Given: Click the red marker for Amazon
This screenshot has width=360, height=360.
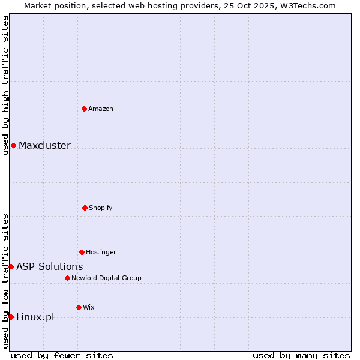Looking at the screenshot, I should pos(85,109).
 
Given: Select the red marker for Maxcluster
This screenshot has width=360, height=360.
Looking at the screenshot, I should pos(13,146).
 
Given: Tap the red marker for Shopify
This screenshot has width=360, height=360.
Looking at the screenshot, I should pos(85,208).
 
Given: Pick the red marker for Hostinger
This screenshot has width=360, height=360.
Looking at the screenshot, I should pos(82,252).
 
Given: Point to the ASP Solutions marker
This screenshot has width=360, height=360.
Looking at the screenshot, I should pos(11,266).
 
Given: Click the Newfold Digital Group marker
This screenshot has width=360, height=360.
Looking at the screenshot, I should pos(67,278).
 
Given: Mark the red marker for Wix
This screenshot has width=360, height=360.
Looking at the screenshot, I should pos(79,307).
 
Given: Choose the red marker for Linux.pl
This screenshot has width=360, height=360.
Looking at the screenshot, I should pos(11,317).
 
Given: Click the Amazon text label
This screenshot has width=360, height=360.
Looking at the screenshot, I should pos(101,109).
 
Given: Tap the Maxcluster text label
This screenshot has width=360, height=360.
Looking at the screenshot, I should pos(44,146).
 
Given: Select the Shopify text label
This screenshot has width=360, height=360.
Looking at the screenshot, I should pos(101,208).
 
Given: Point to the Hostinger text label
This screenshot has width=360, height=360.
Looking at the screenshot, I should pos(101,252).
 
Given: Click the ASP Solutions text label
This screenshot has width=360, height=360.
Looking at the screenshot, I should pos(50,266).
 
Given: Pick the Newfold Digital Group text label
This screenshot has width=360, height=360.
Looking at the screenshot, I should pos(106,278).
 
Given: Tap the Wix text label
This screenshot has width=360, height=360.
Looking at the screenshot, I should pos(89,307).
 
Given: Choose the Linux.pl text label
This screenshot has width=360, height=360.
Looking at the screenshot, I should pos(35,317).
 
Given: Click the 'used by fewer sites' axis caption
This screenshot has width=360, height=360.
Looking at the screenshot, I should pos(62,355).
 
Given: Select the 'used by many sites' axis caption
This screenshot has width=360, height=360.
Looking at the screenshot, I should pos(301,355).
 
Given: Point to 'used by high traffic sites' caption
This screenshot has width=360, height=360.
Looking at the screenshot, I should pos(5,85).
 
